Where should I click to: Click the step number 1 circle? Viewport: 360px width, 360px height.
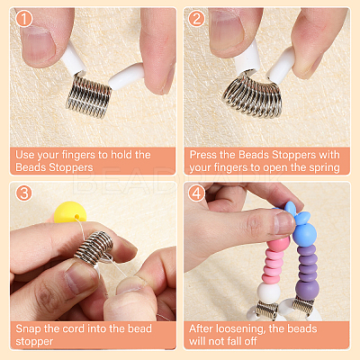pos(23,19)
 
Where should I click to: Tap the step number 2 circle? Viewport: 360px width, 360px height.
pos(196,19)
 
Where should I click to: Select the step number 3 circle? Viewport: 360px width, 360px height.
pos(23,193)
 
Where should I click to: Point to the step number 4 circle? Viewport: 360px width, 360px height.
pos(196,193)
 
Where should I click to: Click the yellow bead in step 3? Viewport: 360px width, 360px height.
pos(70,212)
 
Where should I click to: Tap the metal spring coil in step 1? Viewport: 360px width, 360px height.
pos(89,95)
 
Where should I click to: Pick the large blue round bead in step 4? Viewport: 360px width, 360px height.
pos(304,234)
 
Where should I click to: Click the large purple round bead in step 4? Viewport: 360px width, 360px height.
pos(307,291)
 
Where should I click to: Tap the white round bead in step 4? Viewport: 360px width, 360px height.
pos(269,292)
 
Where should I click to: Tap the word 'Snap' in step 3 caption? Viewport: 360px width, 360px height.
pos(28,329)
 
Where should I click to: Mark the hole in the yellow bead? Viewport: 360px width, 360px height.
pos(77,216)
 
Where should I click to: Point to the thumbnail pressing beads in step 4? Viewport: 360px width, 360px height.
pos(284,222)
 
